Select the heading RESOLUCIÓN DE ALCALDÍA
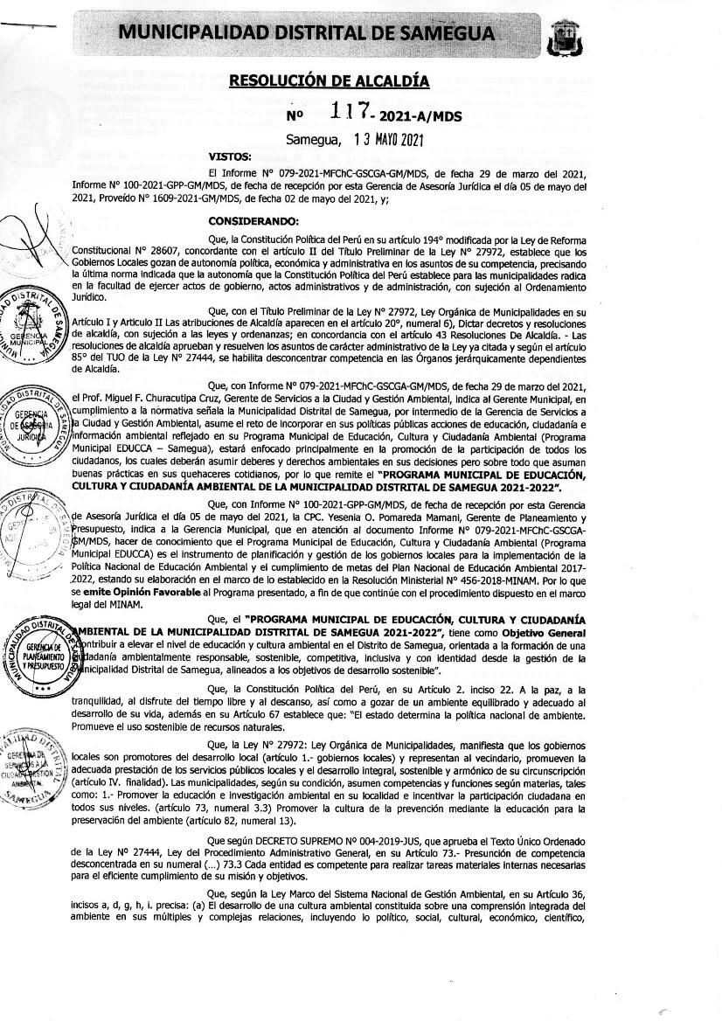pos(329,81)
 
